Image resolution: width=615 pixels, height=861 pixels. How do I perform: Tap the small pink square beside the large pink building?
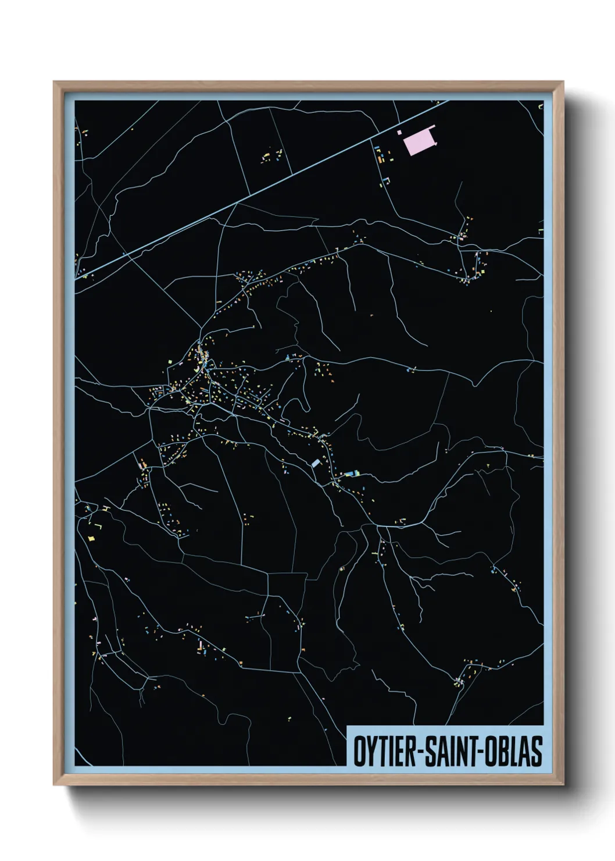click(x=399, y=133)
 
